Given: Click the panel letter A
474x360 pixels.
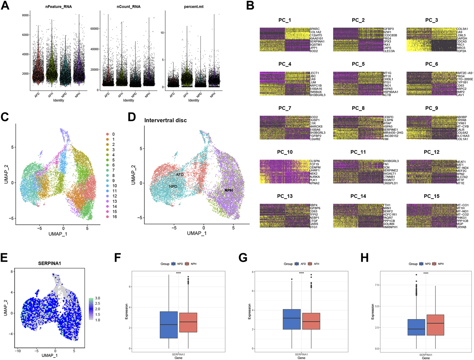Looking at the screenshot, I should pos(5,6).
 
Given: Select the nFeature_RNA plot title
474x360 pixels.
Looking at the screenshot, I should pos(59,7).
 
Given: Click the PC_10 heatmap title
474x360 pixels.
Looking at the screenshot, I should pos(285,152).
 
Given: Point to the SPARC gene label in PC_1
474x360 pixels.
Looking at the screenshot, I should pos(315,29).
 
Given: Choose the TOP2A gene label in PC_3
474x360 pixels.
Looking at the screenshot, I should pos(461,51).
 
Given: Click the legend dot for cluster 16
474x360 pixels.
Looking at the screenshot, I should pos(108,217).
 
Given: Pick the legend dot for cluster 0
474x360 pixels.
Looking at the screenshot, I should pos(108,134).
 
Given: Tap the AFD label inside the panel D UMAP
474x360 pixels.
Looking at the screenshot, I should pos(180,175).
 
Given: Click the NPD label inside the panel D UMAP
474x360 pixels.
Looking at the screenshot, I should pos(173,186).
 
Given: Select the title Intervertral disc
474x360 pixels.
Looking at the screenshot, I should pos(166,120).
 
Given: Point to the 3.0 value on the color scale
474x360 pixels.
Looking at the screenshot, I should pos(97,298).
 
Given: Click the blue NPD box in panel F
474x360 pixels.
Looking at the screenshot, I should pos(169,325).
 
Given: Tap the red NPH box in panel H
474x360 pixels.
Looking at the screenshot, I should pos(435,325).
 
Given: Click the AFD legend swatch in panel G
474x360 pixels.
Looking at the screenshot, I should pos(297,264).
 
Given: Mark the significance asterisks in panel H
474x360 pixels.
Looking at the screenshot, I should pos(426,273).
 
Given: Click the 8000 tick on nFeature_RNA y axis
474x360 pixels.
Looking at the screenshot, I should pos(25,15).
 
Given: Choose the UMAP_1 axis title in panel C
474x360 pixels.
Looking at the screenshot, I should pos(58,234).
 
